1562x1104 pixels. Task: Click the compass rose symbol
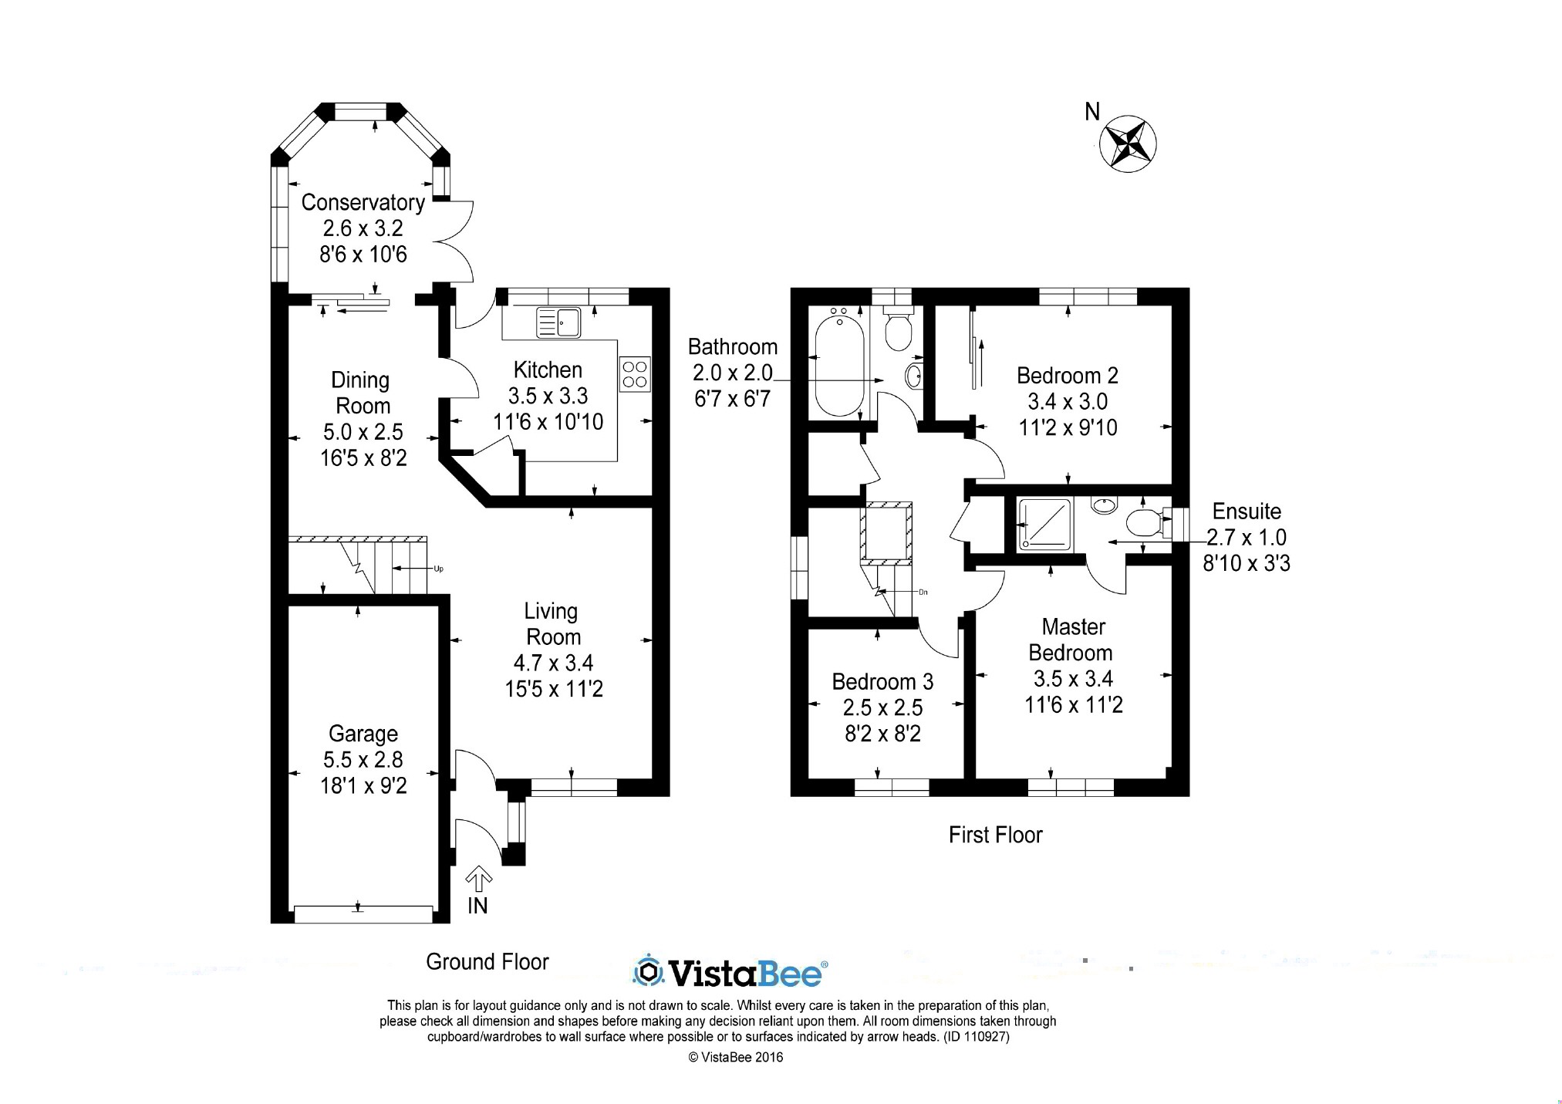coord(1127,143)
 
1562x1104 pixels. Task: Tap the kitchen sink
coord(558,322)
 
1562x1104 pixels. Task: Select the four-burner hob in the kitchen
coord(635,373)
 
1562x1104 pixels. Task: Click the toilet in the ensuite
coord(1143,524)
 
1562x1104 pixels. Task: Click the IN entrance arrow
coord(478,879)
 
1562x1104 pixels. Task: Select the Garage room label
coord(363,734)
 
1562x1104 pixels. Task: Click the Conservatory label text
coord(363,202)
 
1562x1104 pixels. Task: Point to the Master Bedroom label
coord(1071,640)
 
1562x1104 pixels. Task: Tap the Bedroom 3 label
coord(882,682)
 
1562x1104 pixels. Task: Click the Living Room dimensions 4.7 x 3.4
coord(553,663)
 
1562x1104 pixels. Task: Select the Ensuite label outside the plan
coord(1246,511)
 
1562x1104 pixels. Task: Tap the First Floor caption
coord(995,835)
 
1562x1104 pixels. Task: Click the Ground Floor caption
coord(487,962)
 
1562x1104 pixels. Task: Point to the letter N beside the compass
coord(1091,113)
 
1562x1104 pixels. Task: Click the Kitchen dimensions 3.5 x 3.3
coord(548,396)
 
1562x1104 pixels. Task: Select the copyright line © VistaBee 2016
coord(735,1058)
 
